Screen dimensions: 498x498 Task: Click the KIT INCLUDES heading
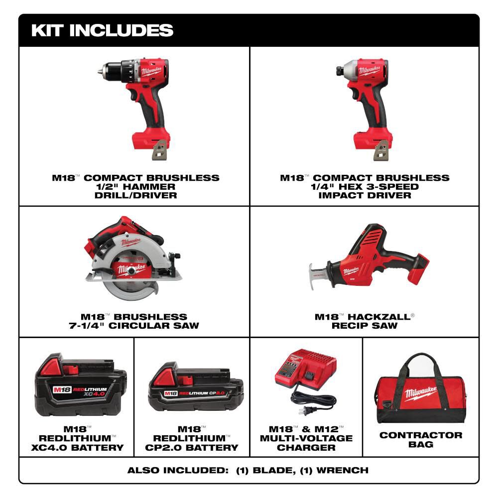coord(102,30)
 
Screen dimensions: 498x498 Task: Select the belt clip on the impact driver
coord(381,150)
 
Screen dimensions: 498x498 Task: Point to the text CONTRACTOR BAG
coord(421,439)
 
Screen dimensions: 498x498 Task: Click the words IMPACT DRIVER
coord(365,195)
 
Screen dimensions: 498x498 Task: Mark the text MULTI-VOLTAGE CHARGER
coord(306,443)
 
